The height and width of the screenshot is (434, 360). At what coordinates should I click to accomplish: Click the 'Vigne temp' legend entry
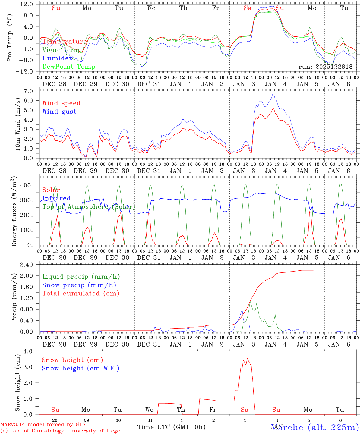pyautogui.click(x=62, y=50)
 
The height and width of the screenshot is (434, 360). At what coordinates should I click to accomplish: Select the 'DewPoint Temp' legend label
pyautogui.click(x=69, y=67)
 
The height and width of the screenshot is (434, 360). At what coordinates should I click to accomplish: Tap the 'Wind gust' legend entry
pyautogui.click(x=59, y=112)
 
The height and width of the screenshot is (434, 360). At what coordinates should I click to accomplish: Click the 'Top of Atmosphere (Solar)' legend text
pyautogui.click(x=89, y=207)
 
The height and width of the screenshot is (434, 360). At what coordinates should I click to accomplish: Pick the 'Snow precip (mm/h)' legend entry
pyautogui.click(x=79, y=285)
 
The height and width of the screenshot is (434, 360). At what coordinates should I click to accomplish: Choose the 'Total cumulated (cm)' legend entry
pyautogui.click(x=81, y=294)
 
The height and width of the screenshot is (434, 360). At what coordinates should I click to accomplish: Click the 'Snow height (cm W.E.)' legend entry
pyautogui.click(x=80, y=368)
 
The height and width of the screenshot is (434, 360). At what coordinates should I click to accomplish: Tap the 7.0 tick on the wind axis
pyautogui.click(x=29, y=91)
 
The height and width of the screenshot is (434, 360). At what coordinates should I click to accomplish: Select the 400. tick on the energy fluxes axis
pyautogui.click(x=27, y=185)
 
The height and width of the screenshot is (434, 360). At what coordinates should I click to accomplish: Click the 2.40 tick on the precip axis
pyautogui.click(x=26, y=265)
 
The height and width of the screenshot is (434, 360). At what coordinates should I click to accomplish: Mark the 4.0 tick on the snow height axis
pyautogui.click(x=29, y=351)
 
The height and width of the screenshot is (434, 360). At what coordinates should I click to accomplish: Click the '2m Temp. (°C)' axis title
pyautogui.click(x=10, y=38)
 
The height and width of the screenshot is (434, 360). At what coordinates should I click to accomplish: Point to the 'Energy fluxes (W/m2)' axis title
pyautogui.click(x=14, y=212)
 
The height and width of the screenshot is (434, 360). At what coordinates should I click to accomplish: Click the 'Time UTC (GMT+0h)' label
pyautogui.click(x=171, y=427)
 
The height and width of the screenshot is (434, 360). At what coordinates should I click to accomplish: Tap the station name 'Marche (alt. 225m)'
pyautogui.click(x=315, y=427)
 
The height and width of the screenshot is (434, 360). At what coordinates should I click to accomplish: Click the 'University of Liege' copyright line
pyautogui.click(x=60, y=431)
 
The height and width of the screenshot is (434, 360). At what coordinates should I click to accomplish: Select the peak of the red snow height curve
pyautogui.click(x=247, y=358)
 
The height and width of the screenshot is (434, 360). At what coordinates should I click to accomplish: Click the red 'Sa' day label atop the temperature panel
pyautogui.click(x=248, y=8)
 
